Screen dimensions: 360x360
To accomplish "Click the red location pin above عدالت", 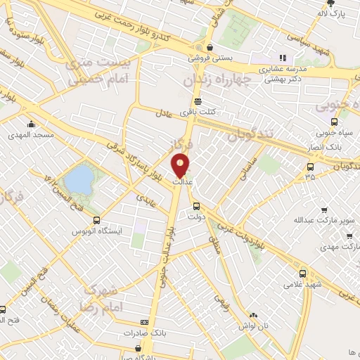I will pyautogui.click(x=181, y=165).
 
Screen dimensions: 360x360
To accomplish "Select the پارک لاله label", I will pyautogui.click(x=333, y=13).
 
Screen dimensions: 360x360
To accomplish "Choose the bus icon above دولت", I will pyautogui.click(x=196, y=207).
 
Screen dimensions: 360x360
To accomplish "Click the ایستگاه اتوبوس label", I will pyautogui.click(x=98, y=230).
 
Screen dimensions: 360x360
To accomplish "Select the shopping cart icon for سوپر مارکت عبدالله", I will pyautogui.click(x=324, y=210).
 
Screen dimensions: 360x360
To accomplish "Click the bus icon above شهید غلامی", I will pyautogui.click(x=303, y=274).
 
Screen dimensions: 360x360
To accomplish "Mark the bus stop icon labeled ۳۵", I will pyautogui.click(x=311, y=167).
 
